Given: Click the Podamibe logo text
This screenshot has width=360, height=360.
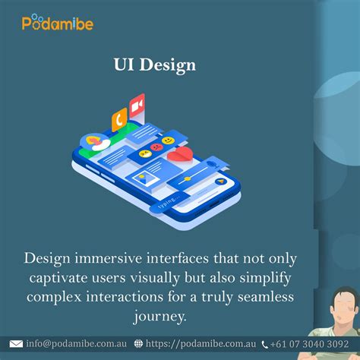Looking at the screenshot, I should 58,24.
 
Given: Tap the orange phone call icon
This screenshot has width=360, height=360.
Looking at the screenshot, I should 119,118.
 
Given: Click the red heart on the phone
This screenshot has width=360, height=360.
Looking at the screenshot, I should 179,153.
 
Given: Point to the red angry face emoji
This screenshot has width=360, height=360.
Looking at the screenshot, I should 156,146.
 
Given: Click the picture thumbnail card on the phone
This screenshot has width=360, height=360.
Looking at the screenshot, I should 142,179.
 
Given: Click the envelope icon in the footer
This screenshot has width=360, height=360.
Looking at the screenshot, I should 18,343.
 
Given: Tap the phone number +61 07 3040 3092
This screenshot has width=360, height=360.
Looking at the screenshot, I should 311,343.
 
